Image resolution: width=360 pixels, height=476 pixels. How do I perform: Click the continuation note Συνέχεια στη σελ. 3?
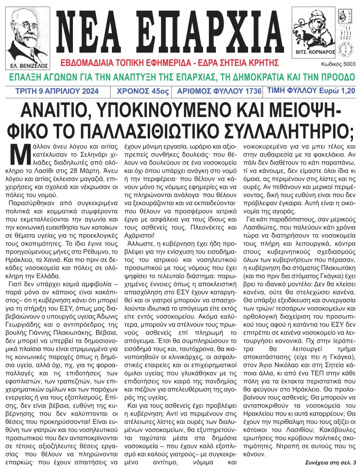coord(330,463)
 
